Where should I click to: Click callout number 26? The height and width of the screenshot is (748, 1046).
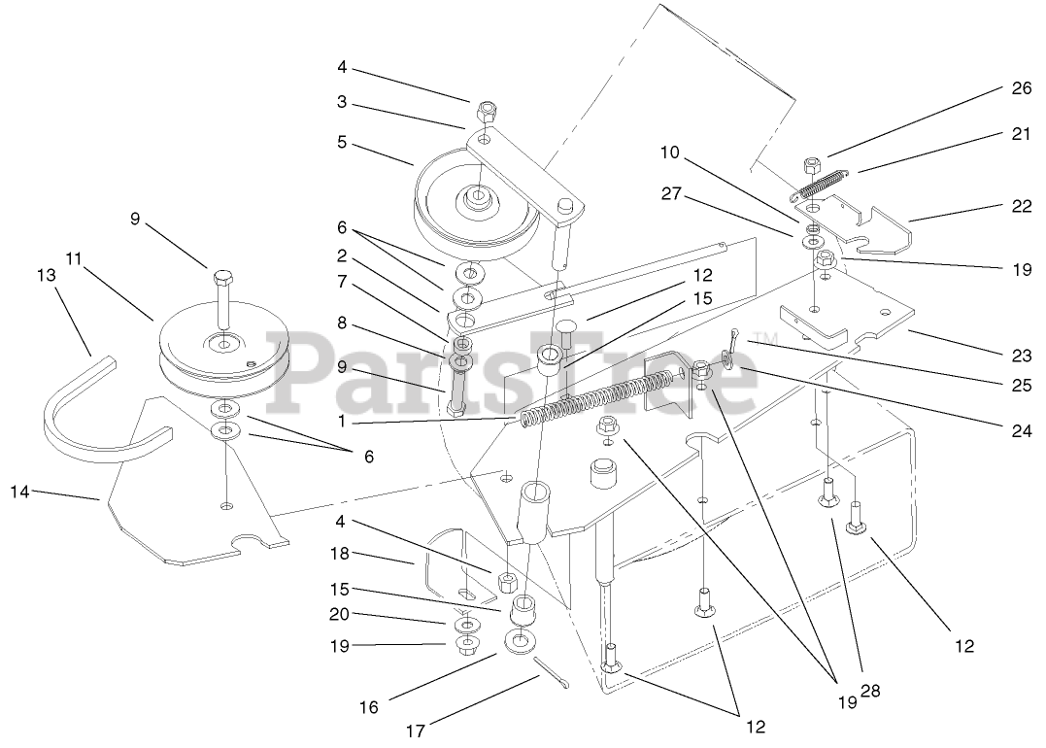(x=1017, y=88)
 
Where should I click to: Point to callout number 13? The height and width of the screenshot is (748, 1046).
(x=46, y=276)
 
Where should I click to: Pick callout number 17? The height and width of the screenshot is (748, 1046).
(x=416, y=731)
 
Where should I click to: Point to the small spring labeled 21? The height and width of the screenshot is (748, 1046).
(x=821, y=182)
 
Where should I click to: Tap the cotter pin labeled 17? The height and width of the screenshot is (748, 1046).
(x=550, y=672)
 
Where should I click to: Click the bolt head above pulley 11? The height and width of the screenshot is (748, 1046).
(x=221, y=279)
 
